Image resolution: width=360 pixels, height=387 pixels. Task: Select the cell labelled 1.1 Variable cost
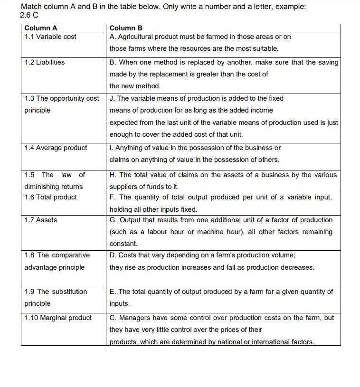coord(50,37)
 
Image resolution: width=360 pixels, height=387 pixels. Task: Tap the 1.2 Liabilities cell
coord(45,62)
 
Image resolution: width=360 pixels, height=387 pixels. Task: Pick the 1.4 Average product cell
coord(56,148)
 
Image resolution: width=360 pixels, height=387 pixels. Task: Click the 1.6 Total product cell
coord(50,197)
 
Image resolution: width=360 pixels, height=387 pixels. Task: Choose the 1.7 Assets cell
coord(40,220)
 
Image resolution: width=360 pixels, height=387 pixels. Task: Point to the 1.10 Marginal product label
coord(58,318)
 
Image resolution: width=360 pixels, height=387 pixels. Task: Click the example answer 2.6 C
coord(29,15)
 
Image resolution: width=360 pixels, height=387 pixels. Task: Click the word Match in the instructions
coord(30,7)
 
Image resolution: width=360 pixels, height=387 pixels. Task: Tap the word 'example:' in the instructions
coord(291,7)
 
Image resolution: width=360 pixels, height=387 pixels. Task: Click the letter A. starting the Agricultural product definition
coord(112,37)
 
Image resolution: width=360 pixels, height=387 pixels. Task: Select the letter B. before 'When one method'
coord(113,62)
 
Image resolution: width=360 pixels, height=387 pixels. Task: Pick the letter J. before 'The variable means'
coord(112,98)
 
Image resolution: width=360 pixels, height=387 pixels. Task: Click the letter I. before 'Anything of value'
coord(111,148)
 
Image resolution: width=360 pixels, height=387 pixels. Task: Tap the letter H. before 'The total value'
coord(113,175)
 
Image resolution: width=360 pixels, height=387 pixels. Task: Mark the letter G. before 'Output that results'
coord(113,220)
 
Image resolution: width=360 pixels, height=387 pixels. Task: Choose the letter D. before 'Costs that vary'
coord(113,255)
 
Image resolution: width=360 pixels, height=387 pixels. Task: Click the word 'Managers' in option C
coord(133,318)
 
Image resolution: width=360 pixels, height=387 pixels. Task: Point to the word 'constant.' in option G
coord(123,244)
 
